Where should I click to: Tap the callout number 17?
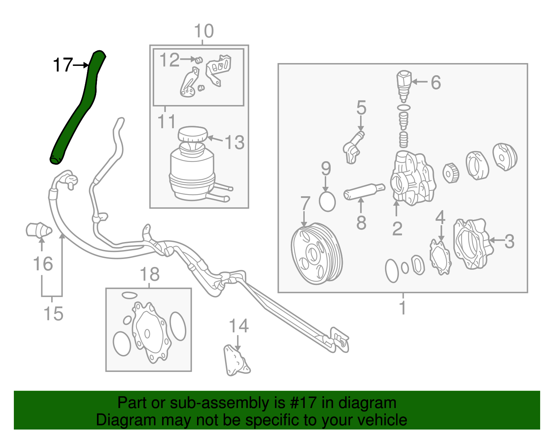[63, 65]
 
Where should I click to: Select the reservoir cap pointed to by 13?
[193, 135]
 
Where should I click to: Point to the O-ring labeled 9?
[327, 202]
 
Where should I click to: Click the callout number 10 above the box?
[204, 31]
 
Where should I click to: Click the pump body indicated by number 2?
[412, 179]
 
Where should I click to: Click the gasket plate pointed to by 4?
[440, 257]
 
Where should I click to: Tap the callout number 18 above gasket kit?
[149, 274]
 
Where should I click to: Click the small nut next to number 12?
[198, 60]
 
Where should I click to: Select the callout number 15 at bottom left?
[53, 313]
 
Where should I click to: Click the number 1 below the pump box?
[402, 308]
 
